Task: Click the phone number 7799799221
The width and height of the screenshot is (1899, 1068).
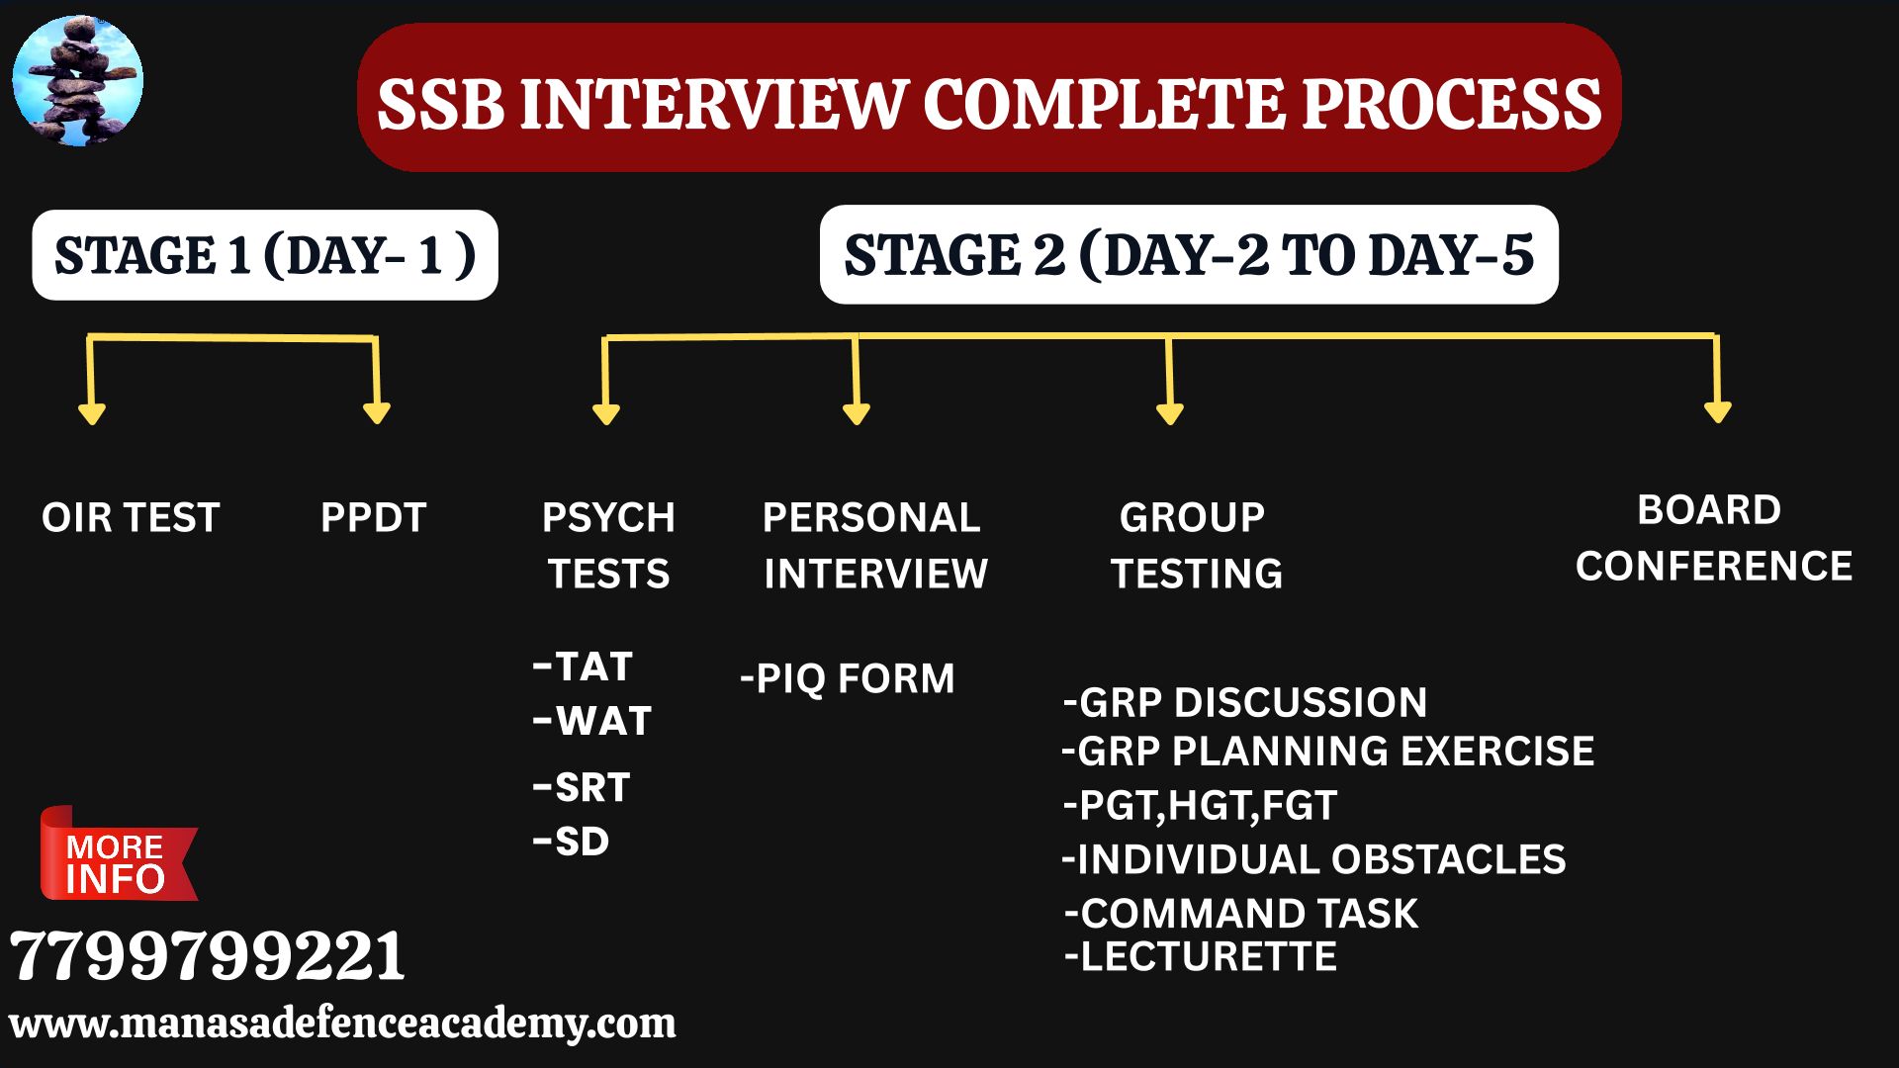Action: [208, 956]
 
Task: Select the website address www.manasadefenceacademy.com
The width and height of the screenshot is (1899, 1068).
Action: [342, 1023]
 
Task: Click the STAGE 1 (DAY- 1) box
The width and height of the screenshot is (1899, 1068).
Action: [265, 255]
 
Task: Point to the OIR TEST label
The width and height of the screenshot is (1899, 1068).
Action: [131, 518]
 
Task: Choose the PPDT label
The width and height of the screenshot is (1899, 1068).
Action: [373, 518]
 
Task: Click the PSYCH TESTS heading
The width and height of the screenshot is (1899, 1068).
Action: [608, 546]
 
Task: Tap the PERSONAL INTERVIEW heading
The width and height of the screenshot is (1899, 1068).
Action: [874, 546]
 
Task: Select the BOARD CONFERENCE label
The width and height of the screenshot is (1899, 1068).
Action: [1713, 538]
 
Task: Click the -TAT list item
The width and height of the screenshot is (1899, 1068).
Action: [583, 667]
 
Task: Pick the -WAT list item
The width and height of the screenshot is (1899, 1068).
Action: [592, 721]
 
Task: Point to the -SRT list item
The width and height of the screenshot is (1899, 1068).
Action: [582, 788]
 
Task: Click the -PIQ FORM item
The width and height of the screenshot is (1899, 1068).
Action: [848, 679]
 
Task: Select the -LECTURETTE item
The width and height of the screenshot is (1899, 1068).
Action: [1201, 957]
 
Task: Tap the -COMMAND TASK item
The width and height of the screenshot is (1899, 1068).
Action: [1241, 914]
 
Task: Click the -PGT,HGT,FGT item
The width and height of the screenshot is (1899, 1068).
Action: [1200, 806]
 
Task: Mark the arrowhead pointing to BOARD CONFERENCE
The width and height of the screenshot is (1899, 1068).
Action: [1718, 411]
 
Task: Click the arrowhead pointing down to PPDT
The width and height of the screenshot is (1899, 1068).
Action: [377, 412]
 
